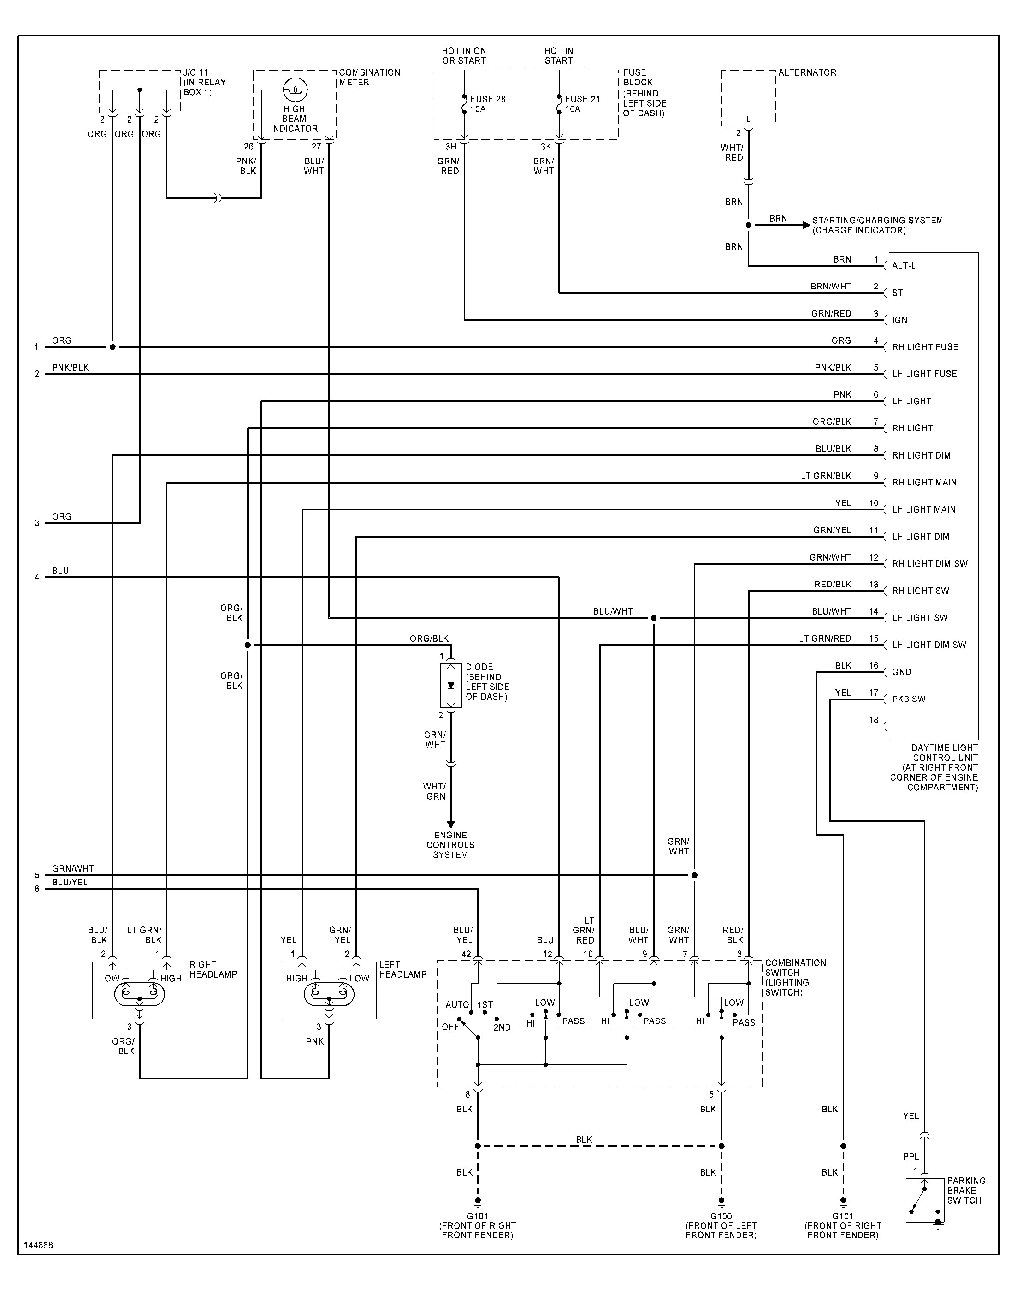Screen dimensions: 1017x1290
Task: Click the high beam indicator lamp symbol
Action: click(295, 90)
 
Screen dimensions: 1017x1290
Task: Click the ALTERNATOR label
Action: click(807, 73)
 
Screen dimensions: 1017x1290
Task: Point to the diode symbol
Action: click(451, 685)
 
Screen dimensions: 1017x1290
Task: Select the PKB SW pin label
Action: click(909, 699)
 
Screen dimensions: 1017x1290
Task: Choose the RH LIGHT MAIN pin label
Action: click(924, 482)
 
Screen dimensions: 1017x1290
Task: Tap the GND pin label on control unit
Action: click(901, 672)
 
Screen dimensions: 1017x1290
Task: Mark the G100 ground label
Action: click(721, 1216)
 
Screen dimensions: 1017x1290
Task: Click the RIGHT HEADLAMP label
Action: click(213, 969)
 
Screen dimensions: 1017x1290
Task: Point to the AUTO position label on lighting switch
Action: click(457, 1004)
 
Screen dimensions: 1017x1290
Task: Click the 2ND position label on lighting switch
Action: click(502, 1027)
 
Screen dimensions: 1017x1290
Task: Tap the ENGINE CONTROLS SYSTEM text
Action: click(450, 845)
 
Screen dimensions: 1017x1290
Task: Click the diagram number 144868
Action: click(39, 1245)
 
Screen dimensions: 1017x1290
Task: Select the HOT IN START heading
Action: click(558, 56)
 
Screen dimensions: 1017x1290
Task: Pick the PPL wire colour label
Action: click(911, 1157)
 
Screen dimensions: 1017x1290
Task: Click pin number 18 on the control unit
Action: click(874, 720)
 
